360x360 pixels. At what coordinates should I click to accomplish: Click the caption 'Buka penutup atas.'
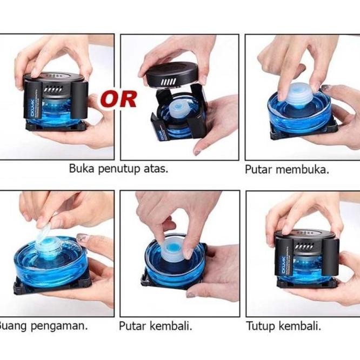coord(118,168)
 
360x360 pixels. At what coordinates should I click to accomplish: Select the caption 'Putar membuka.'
coord(287,169)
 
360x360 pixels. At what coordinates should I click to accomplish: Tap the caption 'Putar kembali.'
coord(156,326)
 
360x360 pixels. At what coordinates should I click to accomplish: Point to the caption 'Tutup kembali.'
coord(284,326)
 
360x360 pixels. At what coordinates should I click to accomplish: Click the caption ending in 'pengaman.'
coord(43,326)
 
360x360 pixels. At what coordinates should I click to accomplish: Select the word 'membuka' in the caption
coord(302,169)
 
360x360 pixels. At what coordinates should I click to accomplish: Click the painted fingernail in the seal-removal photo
coord(82,237)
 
